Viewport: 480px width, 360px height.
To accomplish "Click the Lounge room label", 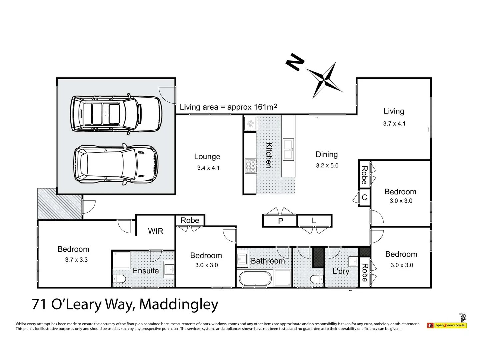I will point(207,157).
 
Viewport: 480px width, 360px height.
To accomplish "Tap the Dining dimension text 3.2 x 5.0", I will point(327,165).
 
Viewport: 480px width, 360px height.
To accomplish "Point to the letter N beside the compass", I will point(295,62).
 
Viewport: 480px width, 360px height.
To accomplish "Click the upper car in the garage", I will point(116,114).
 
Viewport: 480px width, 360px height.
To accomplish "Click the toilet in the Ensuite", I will point(119,279).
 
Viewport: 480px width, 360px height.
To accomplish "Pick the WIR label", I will point(156,231).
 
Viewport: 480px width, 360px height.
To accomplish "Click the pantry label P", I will point(280,221).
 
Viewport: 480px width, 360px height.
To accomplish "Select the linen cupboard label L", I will point(314,221).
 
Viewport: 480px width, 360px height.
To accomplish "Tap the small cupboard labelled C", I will point(364,197).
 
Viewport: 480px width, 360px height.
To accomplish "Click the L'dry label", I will point(341,271).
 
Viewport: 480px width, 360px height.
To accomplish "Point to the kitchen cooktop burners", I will point(250,165).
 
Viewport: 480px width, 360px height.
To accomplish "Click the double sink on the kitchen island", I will point(288,149).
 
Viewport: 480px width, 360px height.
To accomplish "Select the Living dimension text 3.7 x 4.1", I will point(394,124).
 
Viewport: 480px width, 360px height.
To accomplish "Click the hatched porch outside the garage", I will point(60,203).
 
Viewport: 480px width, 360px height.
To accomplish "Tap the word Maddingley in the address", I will point(178,304).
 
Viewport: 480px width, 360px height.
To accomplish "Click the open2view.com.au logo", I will point(447,325).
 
